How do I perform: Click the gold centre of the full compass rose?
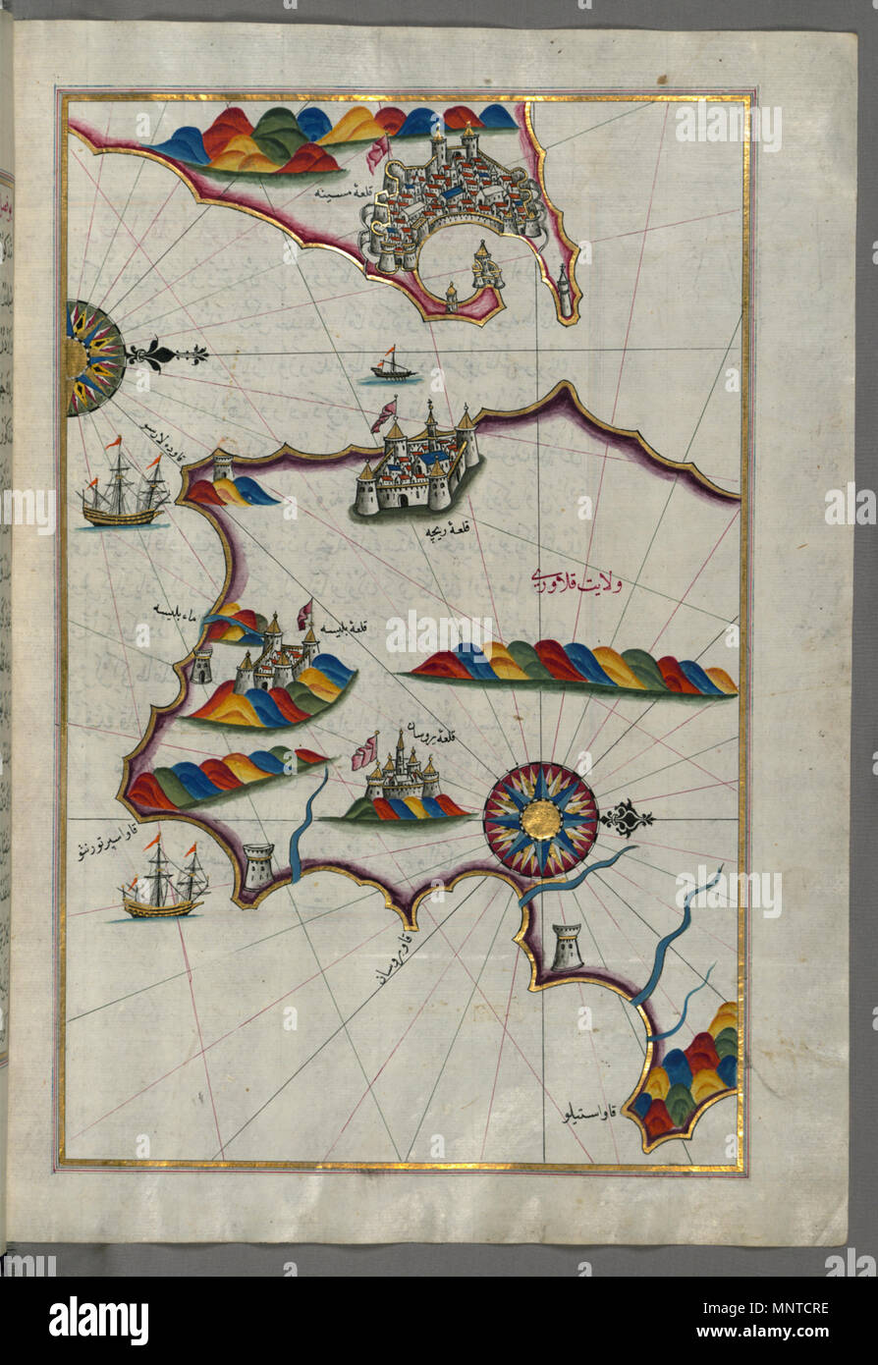[x=540, y=820]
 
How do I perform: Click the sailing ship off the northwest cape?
[x=125, y=489]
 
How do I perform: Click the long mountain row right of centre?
[x=575, y=670]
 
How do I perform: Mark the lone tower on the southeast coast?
[x=567, y=947]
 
